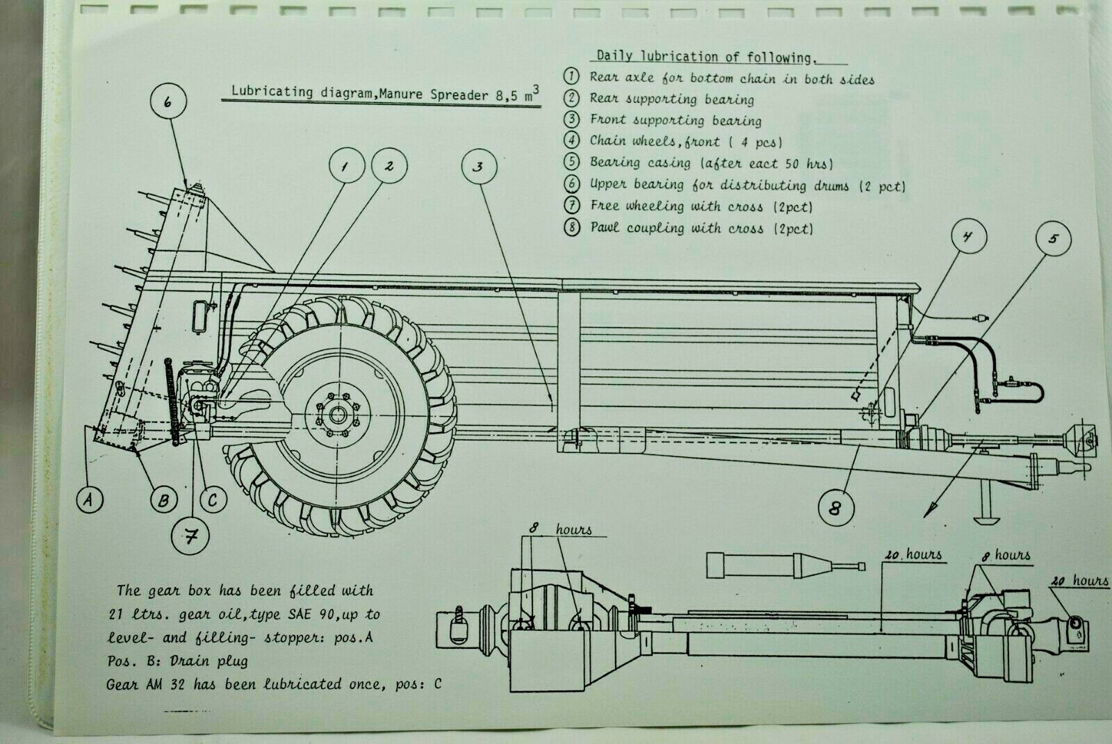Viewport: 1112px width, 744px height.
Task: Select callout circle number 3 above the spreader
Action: pos(478,167)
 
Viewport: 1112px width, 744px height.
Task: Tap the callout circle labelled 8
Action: pos(834,509)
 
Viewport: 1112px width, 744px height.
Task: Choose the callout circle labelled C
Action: pos(213,499)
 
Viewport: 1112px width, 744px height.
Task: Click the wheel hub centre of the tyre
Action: pos(338,416)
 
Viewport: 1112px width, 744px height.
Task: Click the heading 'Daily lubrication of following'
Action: pos(703,57)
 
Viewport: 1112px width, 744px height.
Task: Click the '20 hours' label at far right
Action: pos(1079,581)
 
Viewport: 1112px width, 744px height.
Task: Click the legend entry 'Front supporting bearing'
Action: pos(675,120)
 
